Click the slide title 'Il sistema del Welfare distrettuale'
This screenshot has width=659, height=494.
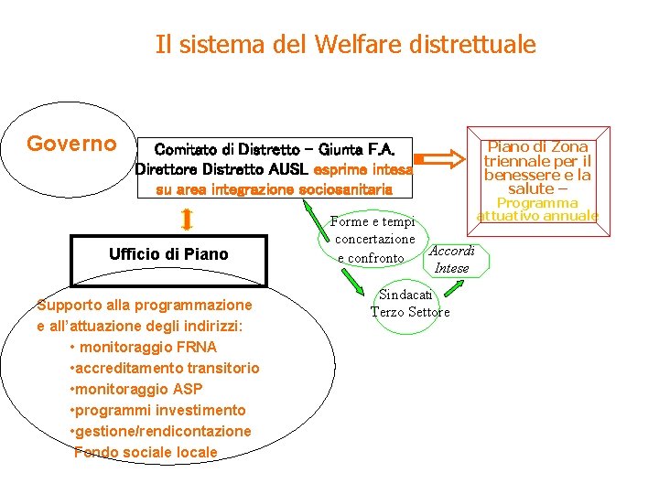pyautogui.click(x=345, y=44)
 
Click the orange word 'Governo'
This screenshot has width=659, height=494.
pyautogui.click(x=71, y=144)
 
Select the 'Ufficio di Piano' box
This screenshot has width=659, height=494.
pyautogui.click(x=168, y=254)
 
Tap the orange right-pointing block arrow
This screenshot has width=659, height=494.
pyautogui.click(x=444, y=159)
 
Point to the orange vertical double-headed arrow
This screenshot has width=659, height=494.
pyautogui.click(x=187, y=220)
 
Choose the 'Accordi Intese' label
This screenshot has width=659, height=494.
pyautogui.click(x=452, y=259)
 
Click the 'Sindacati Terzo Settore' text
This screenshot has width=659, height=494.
pyautogui.click(x=410, y=303)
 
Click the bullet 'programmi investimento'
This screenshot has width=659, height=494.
pyautogui.click(x=157, y=410)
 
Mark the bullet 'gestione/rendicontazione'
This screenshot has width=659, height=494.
pyautogui.click(x=160, y=431)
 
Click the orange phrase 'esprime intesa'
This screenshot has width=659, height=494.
pyautogui.click(x=363, y=169)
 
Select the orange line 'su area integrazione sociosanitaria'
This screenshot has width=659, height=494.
pyautogui.click(x=275, y=189)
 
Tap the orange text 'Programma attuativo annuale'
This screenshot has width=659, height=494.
pyautogui.click(x=537, y=209)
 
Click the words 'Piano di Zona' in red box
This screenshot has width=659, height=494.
pyautogui.click(x=537, y=146)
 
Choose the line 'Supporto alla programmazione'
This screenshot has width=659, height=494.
pyautogui.click(x=144, y=304)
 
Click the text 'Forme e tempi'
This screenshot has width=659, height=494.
pyautogui.click(x=373, y=221)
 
